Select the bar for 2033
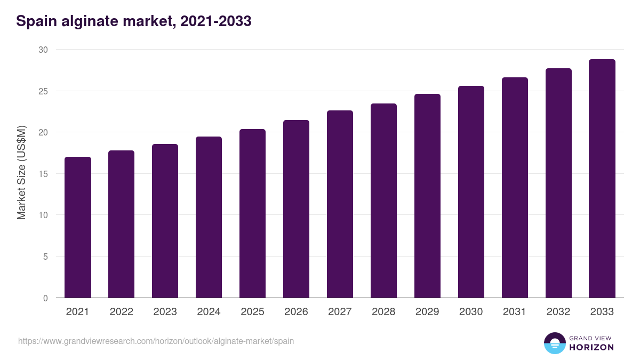[x=602, y=179]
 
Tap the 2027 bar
[x=340, y=204]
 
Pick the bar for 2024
[x=209, y=217]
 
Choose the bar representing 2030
[x=471, y=192]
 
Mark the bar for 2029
[x=427, y=196]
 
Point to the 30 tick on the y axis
[x=43, y=50]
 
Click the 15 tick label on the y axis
[x=43, y=174]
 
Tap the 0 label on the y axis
[x=45, y=298]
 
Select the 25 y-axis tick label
[x=43, y=91]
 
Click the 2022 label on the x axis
[x=121, y=312]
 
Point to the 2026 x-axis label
[x=296, y=312]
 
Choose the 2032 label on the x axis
[x=558, y=312]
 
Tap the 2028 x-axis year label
[x=383, y=312]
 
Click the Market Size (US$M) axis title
[x=21, y=172]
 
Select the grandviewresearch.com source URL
[x=156, y=341]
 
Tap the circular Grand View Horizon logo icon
[x=554, y=343]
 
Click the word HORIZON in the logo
[x=591, y=347]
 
